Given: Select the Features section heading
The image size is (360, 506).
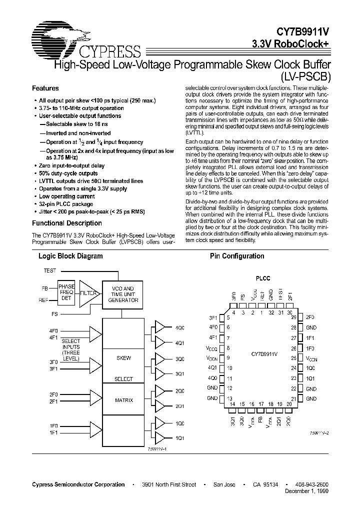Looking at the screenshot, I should [45, 88].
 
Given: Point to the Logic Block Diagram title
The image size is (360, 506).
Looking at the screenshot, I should [70, 256].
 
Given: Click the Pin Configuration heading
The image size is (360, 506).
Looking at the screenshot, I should [237, 256].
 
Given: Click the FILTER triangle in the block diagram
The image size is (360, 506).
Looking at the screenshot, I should [88, 293].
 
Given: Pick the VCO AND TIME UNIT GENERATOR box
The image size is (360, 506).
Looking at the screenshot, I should [121, 294].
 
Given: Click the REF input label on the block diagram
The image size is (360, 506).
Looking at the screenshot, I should [44, 300].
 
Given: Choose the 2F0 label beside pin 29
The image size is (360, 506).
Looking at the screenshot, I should [310, 317].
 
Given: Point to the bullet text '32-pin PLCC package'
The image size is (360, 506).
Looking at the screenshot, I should [66, 204].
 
